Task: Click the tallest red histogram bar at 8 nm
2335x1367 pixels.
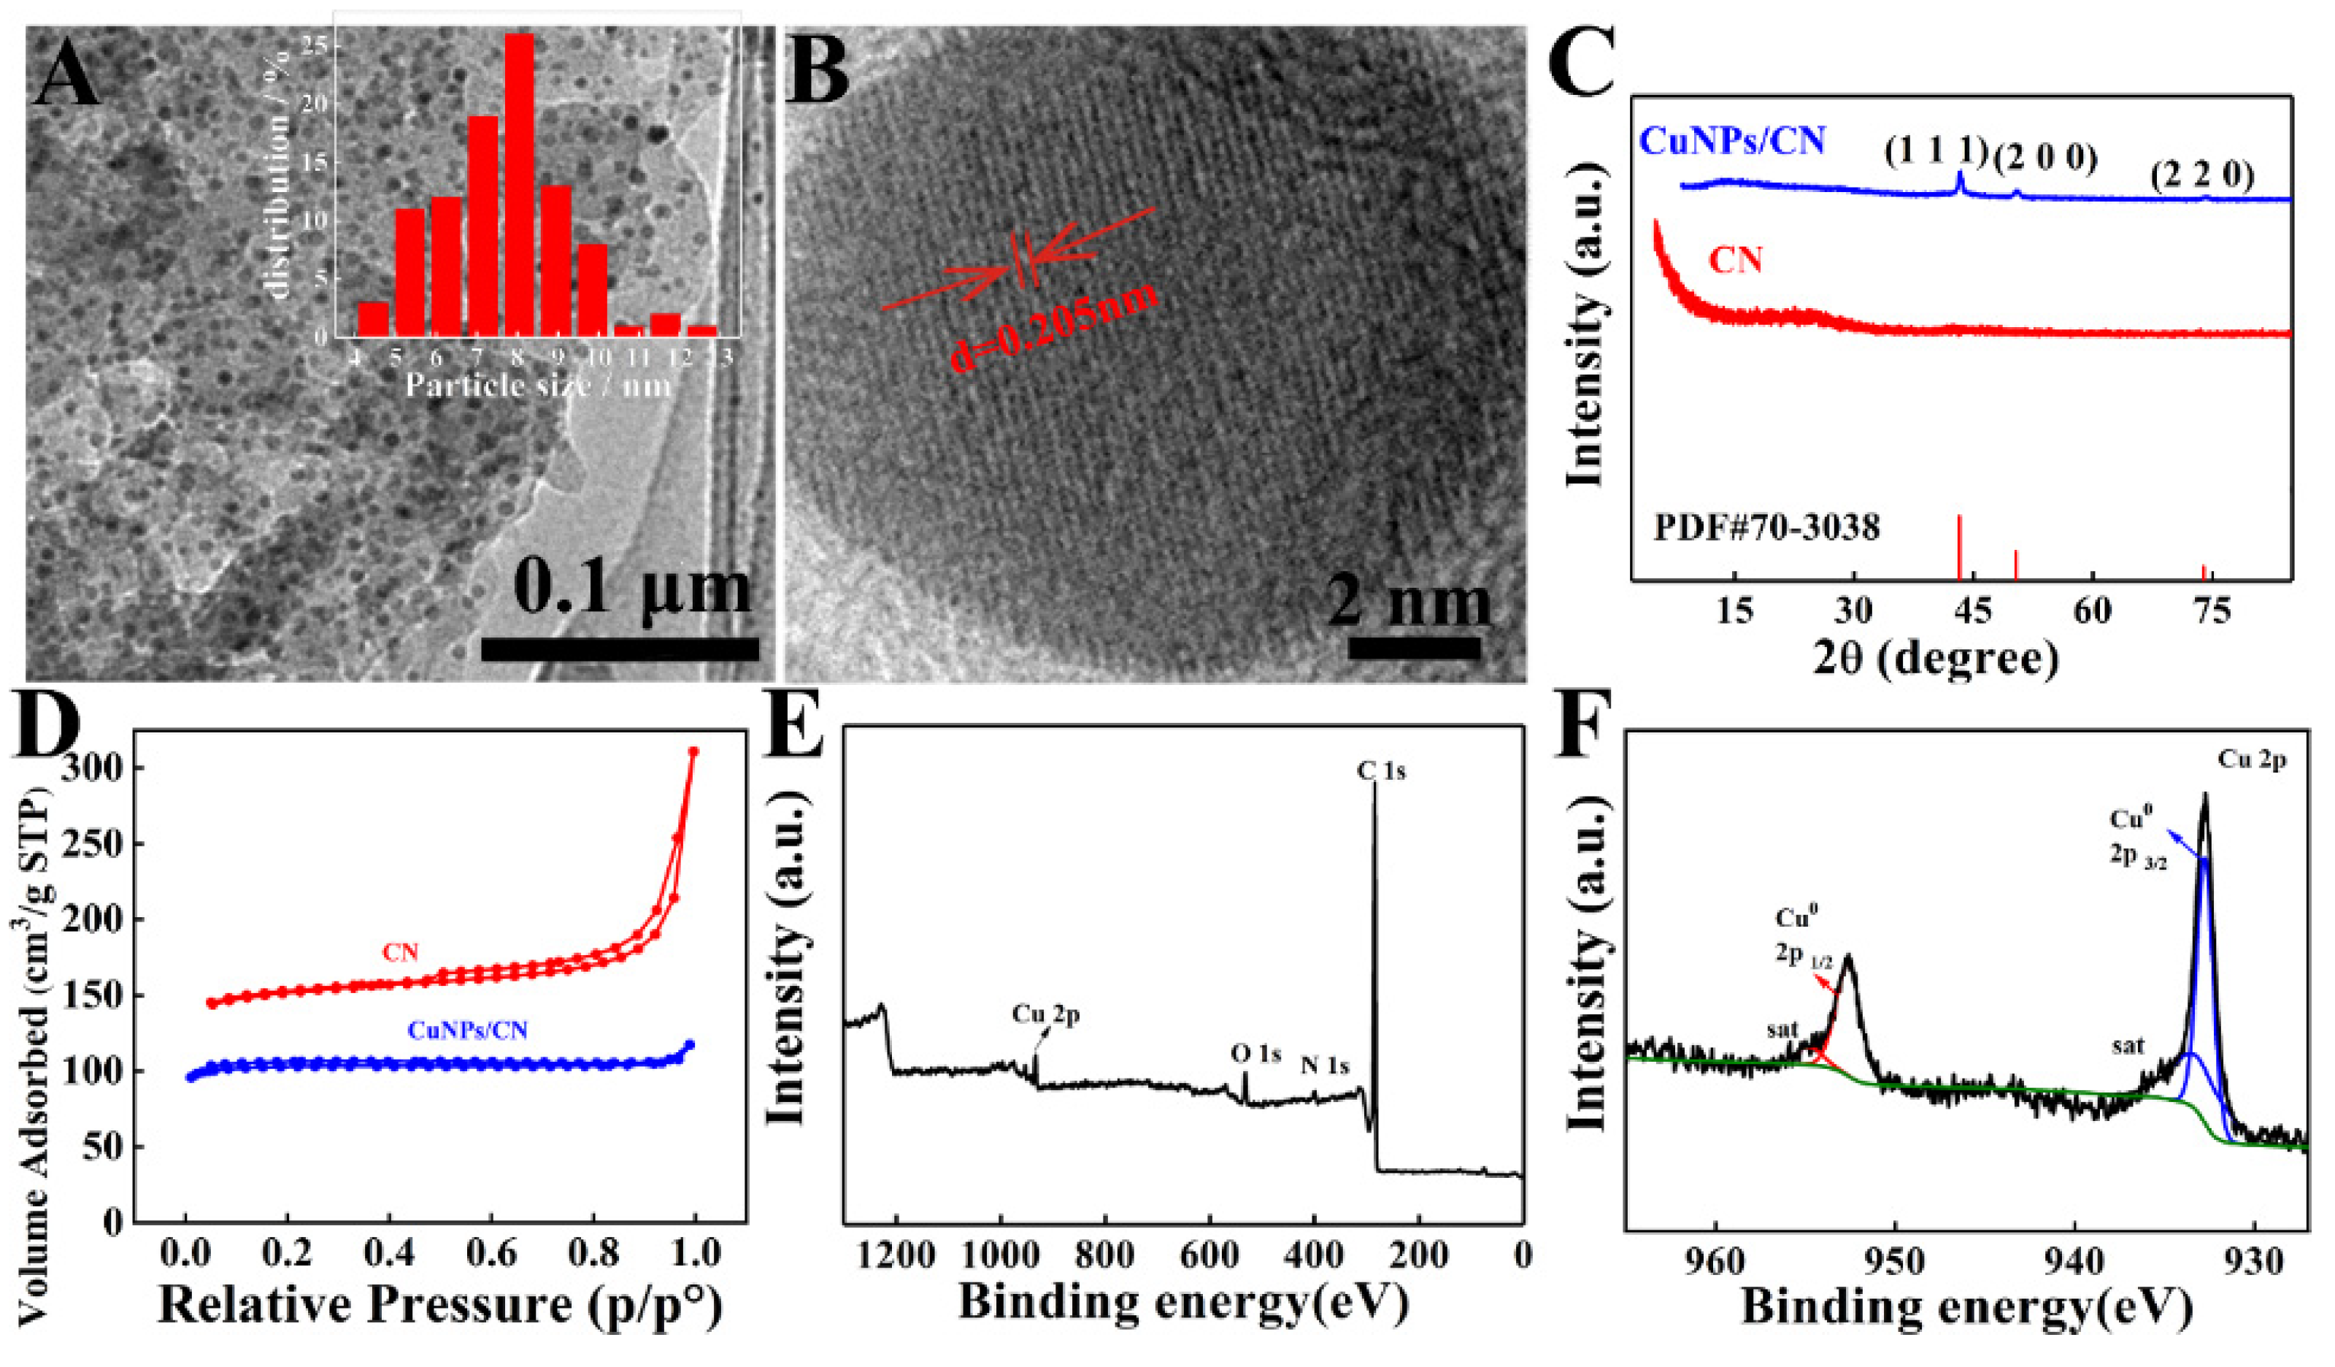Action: [x=519, y=185]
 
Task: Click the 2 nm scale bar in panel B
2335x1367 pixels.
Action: [x=1414, y=648]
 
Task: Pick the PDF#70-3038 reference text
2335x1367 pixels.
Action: [x=1768, y=528]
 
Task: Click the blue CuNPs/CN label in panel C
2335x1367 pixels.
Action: [x=1733, y=141]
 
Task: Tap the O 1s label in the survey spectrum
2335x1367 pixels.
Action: [x=1255, y=1053]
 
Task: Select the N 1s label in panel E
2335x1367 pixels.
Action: [x=1325, y=1066]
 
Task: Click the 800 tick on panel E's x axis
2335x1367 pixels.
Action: [x=1104, y=1256]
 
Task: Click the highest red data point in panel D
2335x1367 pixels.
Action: [x=693, y=751]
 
